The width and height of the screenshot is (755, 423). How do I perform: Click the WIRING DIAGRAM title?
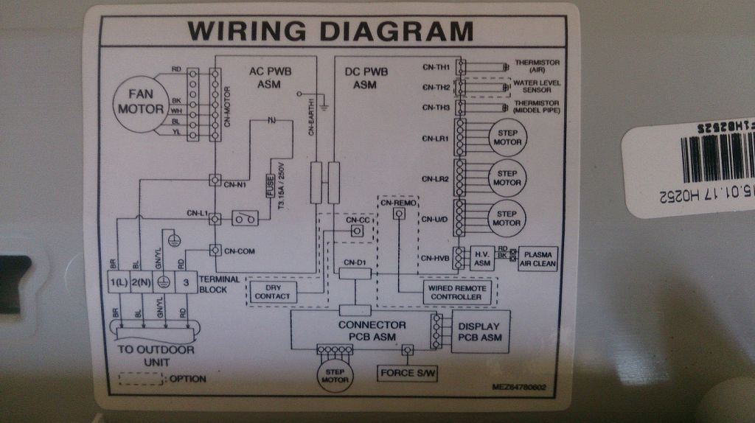pyautogui.click(x=330, y=32)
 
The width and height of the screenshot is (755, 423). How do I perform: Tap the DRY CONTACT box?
pyautogui.click(x=272, y=291)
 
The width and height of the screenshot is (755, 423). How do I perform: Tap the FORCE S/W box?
pyautogui.click(x=408, y=373)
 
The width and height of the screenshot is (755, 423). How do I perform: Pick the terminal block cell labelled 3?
pyautogui.click(x=187, y=283)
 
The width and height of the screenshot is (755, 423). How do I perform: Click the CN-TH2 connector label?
pyautogui.click(x=436, y=87)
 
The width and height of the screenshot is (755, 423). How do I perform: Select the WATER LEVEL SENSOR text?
pyautogui.click(x=537, y=87)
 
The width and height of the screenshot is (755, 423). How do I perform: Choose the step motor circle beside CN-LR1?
pyautogui.click(x=506, y=136)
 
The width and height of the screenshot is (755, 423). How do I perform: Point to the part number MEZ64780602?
pyautogui.click(x=520, y=386)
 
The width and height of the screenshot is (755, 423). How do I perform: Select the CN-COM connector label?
pyautogui.click(x=239, y=251)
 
